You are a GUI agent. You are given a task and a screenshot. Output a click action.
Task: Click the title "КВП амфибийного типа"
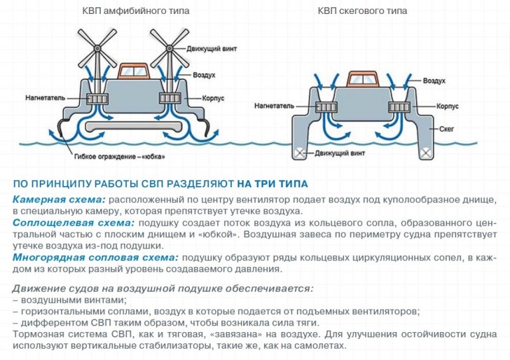tap(135, 11)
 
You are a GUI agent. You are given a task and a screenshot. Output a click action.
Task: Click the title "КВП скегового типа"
tap(363, 11)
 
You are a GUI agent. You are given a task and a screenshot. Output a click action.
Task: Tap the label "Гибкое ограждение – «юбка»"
tap(120, 157)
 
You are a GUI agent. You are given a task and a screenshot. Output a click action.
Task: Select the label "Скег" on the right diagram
tap(446, 129)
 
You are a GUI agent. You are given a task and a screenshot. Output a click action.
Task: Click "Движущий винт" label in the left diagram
tap(211, 49)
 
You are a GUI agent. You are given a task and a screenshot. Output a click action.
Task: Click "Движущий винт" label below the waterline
tap(339, 153)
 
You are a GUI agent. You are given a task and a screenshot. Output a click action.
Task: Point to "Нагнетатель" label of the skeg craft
tap(274, 106)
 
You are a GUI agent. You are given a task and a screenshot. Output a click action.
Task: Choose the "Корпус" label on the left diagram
tap(213, 98)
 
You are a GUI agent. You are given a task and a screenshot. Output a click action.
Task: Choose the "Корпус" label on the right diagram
tap(448, 106)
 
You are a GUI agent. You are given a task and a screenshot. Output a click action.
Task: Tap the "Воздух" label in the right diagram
tap(434, 80)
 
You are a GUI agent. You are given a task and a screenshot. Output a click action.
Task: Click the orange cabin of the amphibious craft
tap(133, 72)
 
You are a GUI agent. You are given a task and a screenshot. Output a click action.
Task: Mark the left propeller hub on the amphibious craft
tap(98, 48)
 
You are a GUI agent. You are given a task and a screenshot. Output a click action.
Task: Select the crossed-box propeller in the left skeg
tap(299, 153)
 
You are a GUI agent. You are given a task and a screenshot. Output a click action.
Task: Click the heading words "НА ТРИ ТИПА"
tap(272, 184)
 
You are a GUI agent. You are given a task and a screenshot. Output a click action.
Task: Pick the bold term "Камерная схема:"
tap(59, 200)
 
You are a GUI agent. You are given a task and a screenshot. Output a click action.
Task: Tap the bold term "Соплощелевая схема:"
tap(74, 223)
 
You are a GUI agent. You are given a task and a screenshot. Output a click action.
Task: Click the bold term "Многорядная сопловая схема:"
tap(96, 258)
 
